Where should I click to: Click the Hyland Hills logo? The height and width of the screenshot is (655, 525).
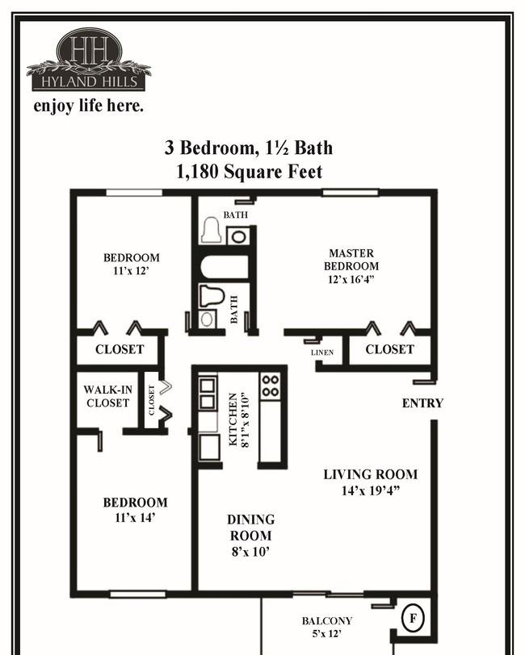click(89, 60)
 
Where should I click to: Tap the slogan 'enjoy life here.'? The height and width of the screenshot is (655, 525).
click(89, 106)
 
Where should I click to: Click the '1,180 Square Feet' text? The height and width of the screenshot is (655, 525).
click(250, 172)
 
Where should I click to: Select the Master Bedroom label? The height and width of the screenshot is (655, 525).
click(351, 260)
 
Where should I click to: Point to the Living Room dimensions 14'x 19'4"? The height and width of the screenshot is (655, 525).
click(371, 490)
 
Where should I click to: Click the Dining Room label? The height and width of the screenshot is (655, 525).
click(251, 528)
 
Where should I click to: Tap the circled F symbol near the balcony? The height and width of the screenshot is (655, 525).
click(414, 618)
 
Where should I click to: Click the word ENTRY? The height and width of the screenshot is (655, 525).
click(422, 403)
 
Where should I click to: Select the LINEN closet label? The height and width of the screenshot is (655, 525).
click(322, 353)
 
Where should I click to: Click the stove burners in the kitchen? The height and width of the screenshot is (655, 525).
click(271, 386)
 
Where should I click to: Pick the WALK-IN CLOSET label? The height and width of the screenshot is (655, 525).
click(108, 396)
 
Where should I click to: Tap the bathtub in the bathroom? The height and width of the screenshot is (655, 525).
click(225, 267)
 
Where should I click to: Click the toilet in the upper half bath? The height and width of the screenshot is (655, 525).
click(212, 230)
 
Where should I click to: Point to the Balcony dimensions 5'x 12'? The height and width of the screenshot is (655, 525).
click(327, 634)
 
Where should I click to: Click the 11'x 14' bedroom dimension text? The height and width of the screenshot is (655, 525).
click(135, 518)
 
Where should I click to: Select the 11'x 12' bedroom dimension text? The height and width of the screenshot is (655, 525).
click(132, 271)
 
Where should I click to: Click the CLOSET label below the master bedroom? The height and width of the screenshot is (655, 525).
click(389, 349)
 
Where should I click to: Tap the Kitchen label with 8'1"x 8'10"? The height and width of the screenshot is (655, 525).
click(239, 419)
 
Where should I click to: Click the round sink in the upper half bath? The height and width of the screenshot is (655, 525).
click(238, 237)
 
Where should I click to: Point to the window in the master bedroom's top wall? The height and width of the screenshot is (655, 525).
click(351, 193)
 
